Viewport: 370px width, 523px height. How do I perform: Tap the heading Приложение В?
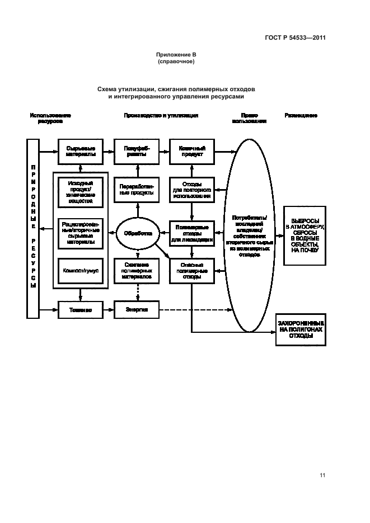click(x=176, y=55)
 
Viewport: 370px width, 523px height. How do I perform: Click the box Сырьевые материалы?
click(x=80, y=151)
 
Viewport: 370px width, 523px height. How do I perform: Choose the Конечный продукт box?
click(x=191, y=151)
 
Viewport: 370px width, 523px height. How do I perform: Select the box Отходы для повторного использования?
click(x=191, y=190)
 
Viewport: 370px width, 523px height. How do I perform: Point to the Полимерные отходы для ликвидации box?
click(x=191, y=233)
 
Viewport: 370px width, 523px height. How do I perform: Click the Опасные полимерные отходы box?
click(x=191, y=270)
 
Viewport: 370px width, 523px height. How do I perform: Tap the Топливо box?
click(x=80, y=309)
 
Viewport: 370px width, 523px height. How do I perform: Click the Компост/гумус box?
click(x=80, y=270)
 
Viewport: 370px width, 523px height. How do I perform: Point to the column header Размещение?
click(x=301, y=115)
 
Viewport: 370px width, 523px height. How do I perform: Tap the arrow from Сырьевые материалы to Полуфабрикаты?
click(x=107, y=151)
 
